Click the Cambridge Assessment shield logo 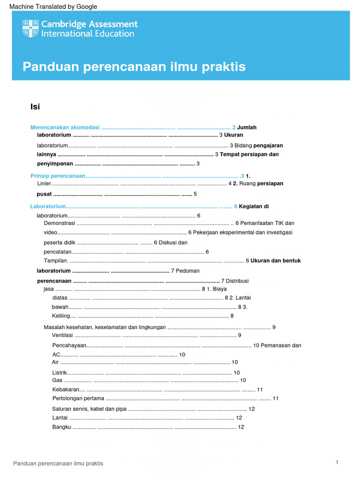pos(30,29)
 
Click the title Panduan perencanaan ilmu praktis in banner pos(134,67)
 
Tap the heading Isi pos(35,107)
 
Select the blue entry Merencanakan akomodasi pos(65,127)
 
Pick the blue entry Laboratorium pos(48,206)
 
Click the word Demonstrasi pos(60,224)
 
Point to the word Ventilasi pos(62,335)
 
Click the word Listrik pos(60,373)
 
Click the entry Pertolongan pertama pos(78,398)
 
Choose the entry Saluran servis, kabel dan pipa pos(89,409)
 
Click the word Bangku pos(62,427)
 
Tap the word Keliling pos(60,316)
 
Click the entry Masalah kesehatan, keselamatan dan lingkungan pos(105,327)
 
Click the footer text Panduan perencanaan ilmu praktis pos(58,464)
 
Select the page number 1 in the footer pos(337,463)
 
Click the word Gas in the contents pos(57,380)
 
